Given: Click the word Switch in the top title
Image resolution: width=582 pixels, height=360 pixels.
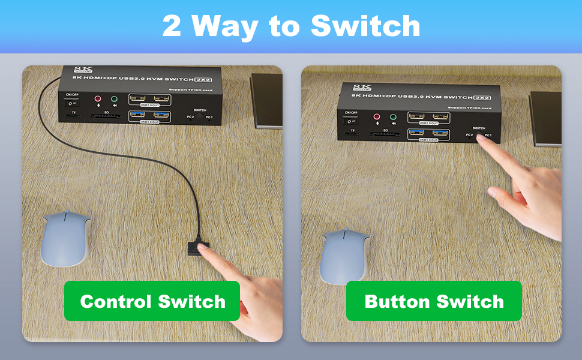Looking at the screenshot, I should pos(365,26).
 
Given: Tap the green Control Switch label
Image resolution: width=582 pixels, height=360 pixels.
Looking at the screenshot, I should pos(152,301).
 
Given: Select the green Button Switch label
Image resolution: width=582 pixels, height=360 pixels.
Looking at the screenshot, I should pos(434,301).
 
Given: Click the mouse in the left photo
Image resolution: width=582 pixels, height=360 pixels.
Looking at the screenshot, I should pos(66,238).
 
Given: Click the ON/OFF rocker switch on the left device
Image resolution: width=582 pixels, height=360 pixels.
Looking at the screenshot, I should pos(73,104).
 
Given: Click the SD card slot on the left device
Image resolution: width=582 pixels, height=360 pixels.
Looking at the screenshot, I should pos(106,116).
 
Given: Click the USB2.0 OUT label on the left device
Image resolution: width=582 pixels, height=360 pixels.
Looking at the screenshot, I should pos(149,105).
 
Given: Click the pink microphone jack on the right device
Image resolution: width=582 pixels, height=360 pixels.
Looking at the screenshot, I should pos(377,117).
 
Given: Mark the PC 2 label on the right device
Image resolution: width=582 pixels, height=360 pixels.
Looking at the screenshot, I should pos(470,135).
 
